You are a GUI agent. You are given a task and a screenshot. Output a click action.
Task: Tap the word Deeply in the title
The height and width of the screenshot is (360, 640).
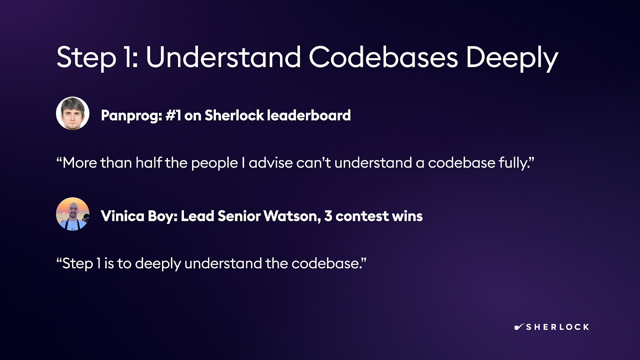coord(512,58)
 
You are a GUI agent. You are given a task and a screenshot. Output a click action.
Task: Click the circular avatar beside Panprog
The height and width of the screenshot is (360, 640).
coord(72,113)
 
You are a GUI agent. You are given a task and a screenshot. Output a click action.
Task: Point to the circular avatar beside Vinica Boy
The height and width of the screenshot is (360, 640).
coord(72,214)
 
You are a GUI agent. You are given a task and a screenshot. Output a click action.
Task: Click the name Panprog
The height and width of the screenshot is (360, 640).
coord(132,116)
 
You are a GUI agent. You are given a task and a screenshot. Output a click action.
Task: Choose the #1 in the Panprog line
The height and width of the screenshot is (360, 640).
coord(173,115)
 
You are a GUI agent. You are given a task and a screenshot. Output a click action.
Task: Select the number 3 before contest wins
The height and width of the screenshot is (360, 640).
coord(328,216)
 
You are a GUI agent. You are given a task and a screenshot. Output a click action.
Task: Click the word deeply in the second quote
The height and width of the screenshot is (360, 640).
coord(158,264)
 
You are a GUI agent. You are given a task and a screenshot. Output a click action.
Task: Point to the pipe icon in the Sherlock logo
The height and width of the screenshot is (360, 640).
coord(519,327)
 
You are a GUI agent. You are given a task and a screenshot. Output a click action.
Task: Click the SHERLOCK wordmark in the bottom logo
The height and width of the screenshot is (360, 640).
coord(558,327)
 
